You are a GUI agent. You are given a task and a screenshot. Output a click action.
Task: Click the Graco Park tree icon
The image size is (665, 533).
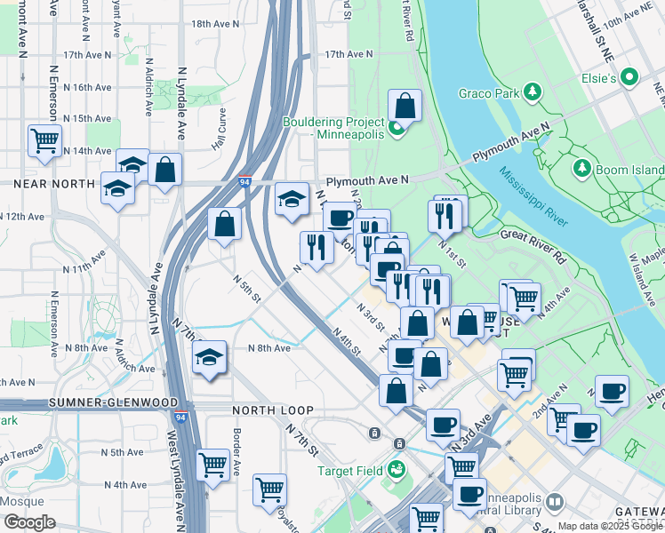[x=533, y=91]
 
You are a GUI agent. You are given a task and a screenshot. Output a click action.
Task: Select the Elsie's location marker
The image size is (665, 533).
[x=631, y=78]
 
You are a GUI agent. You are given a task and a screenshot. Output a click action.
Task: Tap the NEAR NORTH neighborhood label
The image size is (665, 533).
[x=53, y=184]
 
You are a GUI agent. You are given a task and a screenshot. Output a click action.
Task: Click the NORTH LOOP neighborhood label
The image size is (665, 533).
[x=273, y=410]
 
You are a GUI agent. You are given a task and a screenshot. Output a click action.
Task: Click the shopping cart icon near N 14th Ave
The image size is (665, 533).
[x=44, y=139]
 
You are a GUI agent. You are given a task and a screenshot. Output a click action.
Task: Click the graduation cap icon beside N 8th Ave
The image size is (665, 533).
[x=209, y=357]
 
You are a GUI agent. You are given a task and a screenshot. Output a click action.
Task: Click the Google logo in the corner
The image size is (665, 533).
[x=29, y=522]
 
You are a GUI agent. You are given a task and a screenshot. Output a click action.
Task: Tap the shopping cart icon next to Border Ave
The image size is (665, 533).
[x=212, y=464]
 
